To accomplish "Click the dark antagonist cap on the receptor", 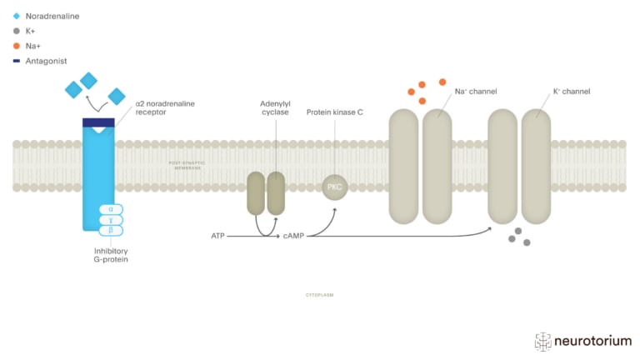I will (x=98, y=123).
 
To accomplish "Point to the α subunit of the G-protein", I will (x=111, y=209).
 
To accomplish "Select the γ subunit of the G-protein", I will (x=111, y=219).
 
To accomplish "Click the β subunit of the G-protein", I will (x=111, y=230).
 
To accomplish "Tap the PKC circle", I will (x=335, y=187).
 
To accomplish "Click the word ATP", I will (x=218, y=236).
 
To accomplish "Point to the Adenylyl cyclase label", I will (x=274, y=107).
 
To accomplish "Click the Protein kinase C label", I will (x=335, y=112).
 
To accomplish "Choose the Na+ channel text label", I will (x=476, y=91).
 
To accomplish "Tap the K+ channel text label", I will (x=572, y=91).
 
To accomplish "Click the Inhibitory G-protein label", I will (x=111, y=254).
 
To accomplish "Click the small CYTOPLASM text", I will (x=319, y=295).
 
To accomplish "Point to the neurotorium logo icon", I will (x=543, y=341).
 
